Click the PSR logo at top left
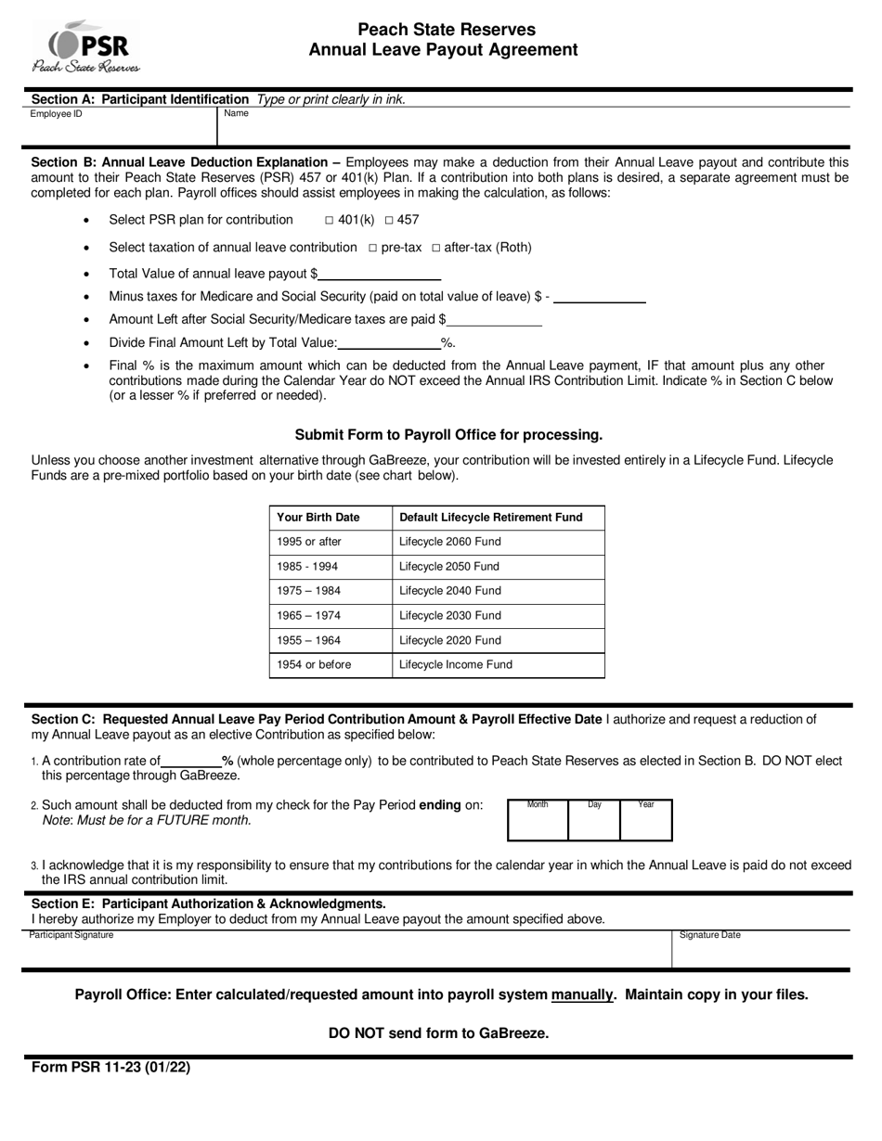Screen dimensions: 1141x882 [85, 46]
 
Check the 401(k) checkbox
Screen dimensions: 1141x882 [330, 221]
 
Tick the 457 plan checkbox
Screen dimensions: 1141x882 [389, 221]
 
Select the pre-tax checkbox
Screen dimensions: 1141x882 [372, 248]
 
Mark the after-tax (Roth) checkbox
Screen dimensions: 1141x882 [436, 248]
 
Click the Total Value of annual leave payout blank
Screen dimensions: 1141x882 [379, 274]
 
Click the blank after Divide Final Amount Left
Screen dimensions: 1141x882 [389, 342]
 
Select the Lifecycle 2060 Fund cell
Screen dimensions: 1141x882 [498, 542]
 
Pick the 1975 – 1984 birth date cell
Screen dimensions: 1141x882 [331, 591]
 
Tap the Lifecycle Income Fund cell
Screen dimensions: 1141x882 [498, 664]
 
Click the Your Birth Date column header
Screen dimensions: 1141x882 [331, 518]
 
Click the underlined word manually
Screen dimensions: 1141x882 [582, 994]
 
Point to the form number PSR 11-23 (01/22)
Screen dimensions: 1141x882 [110, 1067]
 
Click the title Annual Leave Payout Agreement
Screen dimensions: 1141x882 [443, 50]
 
